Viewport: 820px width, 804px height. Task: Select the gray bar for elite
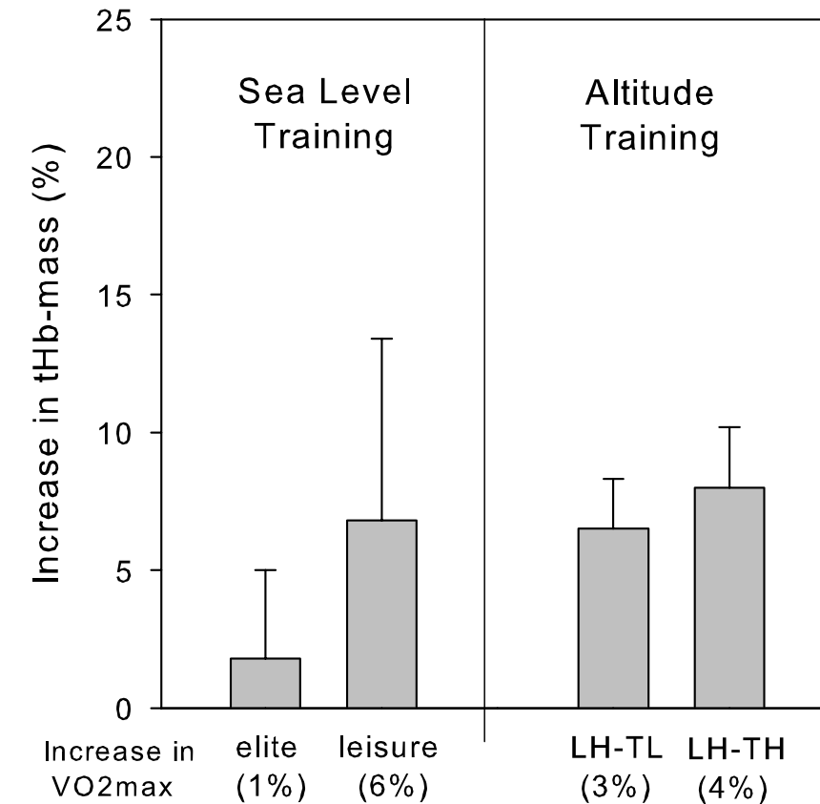click(x=265, y=683)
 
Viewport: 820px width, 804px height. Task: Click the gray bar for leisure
click(x=381, y=614)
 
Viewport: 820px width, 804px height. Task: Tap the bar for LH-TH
click(x=729, y=598)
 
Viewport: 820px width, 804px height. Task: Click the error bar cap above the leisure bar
click(x=381, y=339)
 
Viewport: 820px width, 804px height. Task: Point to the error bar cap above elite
click(x=265, y=570)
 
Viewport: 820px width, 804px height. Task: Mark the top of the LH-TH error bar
click(x=729, y=427)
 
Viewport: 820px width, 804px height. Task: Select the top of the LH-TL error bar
click(x=613, y=479)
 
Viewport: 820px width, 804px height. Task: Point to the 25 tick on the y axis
click(x=118, y=20)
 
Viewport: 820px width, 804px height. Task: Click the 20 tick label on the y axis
click(x=118, y=157)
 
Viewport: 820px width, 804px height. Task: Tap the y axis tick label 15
click(x=118, y=296)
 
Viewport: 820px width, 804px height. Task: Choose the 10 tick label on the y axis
click(x=118, y=433)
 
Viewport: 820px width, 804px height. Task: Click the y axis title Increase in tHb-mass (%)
click(x=49, y=363)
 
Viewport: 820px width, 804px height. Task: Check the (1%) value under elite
click(x=270, y=788)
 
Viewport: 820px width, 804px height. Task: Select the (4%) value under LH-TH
click(x=729, y=788)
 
